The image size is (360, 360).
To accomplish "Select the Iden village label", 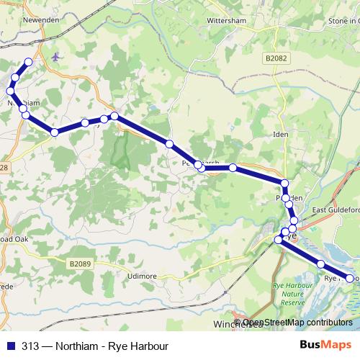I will click(x=281, y=135).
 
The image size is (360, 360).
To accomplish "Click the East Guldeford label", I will click(x=334, y=210).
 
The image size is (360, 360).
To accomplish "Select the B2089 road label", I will click(x=84, y=264).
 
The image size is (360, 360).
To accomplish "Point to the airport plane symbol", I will click(x=57, y=56).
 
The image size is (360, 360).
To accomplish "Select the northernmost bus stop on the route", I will click(x=29, y=62).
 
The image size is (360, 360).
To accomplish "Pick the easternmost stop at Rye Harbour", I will click(x=351, y=278).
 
